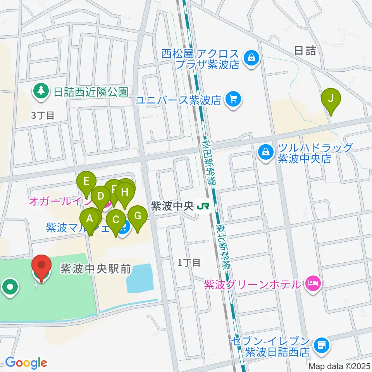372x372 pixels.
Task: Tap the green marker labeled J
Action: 331,99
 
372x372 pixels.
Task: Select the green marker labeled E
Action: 86,181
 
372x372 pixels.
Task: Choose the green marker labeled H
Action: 124,192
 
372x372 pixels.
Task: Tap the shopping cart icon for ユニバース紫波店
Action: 233,100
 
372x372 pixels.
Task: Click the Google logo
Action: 26,362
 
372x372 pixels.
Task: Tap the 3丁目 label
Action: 43,115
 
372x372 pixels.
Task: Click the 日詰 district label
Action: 305,50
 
